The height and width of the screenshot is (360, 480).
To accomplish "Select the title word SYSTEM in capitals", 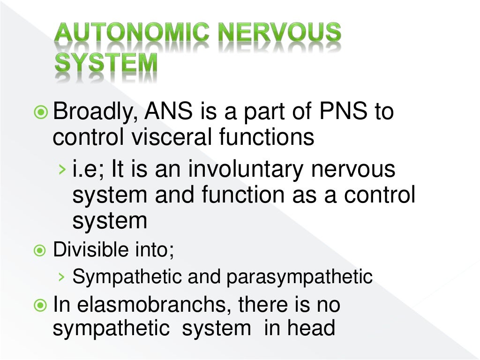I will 106,65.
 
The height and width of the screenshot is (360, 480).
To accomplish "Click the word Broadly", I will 91,112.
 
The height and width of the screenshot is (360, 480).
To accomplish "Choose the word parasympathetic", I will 300,277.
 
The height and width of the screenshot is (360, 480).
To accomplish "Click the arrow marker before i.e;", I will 62,170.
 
